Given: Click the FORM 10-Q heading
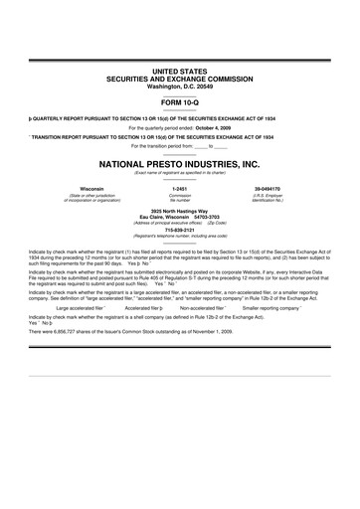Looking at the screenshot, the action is point(180,102).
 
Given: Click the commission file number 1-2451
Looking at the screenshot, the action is point(180,188).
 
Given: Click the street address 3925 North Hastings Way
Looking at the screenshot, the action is point(180,211).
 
